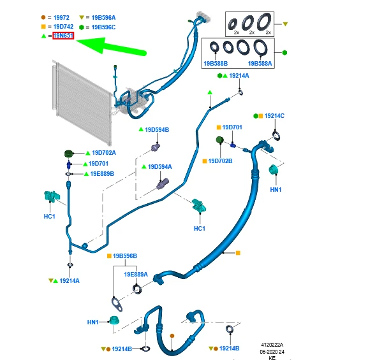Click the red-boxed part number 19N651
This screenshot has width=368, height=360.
pos(63,36)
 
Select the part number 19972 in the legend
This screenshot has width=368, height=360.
pos(61,18)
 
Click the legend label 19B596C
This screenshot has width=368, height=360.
pos(103,27)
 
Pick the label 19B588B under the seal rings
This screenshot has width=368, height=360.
pos(216,64)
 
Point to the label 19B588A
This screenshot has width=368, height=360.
pos(260,64)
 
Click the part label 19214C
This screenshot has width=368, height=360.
pos(274,116)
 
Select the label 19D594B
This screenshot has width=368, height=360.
pos(157,130)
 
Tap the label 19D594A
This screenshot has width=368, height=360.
pos(159,167)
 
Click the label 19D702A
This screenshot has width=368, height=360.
pos(104,153)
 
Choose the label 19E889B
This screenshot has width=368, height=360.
pos(102,174)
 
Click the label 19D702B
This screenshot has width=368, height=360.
pos(220,161)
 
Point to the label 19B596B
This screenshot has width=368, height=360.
pos(125,256)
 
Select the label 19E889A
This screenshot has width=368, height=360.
pos(136,275)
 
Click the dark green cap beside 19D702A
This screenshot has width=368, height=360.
pos(69,154)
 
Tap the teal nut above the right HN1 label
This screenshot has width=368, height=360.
pos(274,169)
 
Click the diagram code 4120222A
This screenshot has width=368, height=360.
pos(272,345)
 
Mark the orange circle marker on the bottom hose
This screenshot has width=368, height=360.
pos(172,336)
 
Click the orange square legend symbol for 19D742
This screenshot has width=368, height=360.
pos(43,27)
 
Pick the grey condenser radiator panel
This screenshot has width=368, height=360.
pos(82,103)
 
